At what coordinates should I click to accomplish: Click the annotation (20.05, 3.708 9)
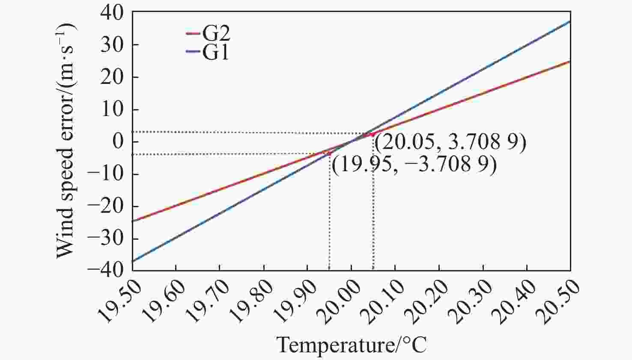[450, 143]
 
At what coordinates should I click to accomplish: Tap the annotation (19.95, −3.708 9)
[414, 164]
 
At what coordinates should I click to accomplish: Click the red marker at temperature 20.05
[373, 134]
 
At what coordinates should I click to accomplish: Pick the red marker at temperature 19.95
[329, 153]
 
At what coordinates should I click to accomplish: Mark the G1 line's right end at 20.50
[570, 21]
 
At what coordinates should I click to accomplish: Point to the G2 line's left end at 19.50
[133, 221]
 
